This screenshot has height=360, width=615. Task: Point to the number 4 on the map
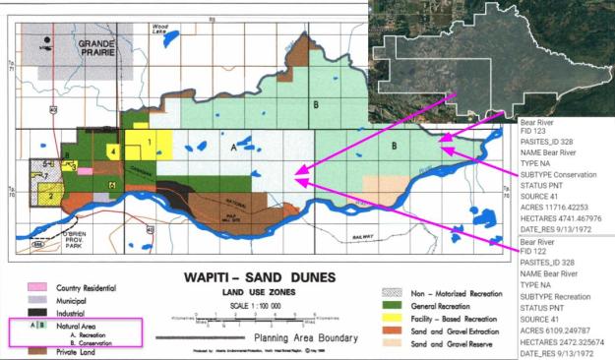[x=115, y=152]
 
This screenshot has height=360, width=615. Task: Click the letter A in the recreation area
[x=233, y=146]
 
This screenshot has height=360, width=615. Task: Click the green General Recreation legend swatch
[x=392, y=306]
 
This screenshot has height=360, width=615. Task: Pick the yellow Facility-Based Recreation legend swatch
[x=392, y=320]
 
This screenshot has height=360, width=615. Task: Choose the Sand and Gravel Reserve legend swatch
[x=392, y=346]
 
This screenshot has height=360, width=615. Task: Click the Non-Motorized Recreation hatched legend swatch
[x=392, y=293]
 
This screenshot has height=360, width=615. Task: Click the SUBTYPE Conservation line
[x=562, y=179]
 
